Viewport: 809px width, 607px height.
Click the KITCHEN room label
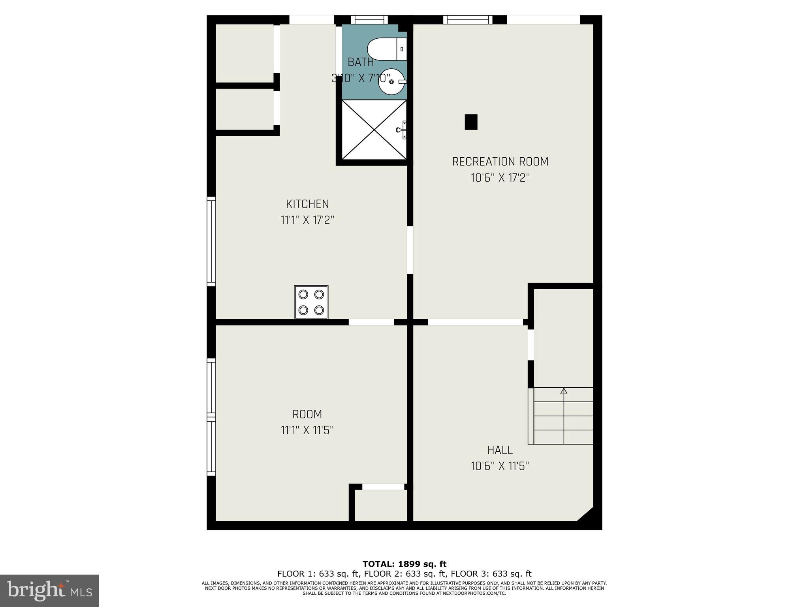(307, 204)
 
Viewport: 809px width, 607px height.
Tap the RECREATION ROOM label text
(500, 162)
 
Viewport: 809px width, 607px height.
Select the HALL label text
(500, 450)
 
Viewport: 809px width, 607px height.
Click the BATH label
(361, 62)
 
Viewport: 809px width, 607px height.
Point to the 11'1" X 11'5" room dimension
(307, 430)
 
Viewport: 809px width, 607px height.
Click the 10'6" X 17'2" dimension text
(500, 178)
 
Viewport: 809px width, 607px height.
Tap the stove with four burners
(311, 302)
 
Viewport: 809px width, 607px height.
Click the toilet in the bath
(386, 49)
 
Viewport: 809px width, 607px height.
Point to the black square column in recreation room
(471, 122)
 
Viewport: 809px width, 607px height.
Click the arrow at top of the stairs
(564, 391)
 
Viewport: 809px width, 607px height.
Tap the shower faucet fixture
(402, 130)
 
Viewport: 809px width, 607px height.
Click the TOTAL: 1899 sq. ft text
(404, 564)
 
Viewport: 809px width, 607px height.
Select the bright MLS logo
(49, 591)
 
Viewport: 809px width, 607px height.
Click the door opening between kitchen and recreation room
(410, 250)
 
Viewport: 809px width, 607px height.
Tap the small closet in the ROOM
(381, 506)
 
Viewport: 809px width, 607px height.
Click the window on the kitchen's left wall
(212, 241)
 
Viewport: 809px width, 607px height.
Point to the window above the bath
(369, 19)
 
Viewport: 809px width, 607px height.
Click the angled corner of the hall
(586, 514)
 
